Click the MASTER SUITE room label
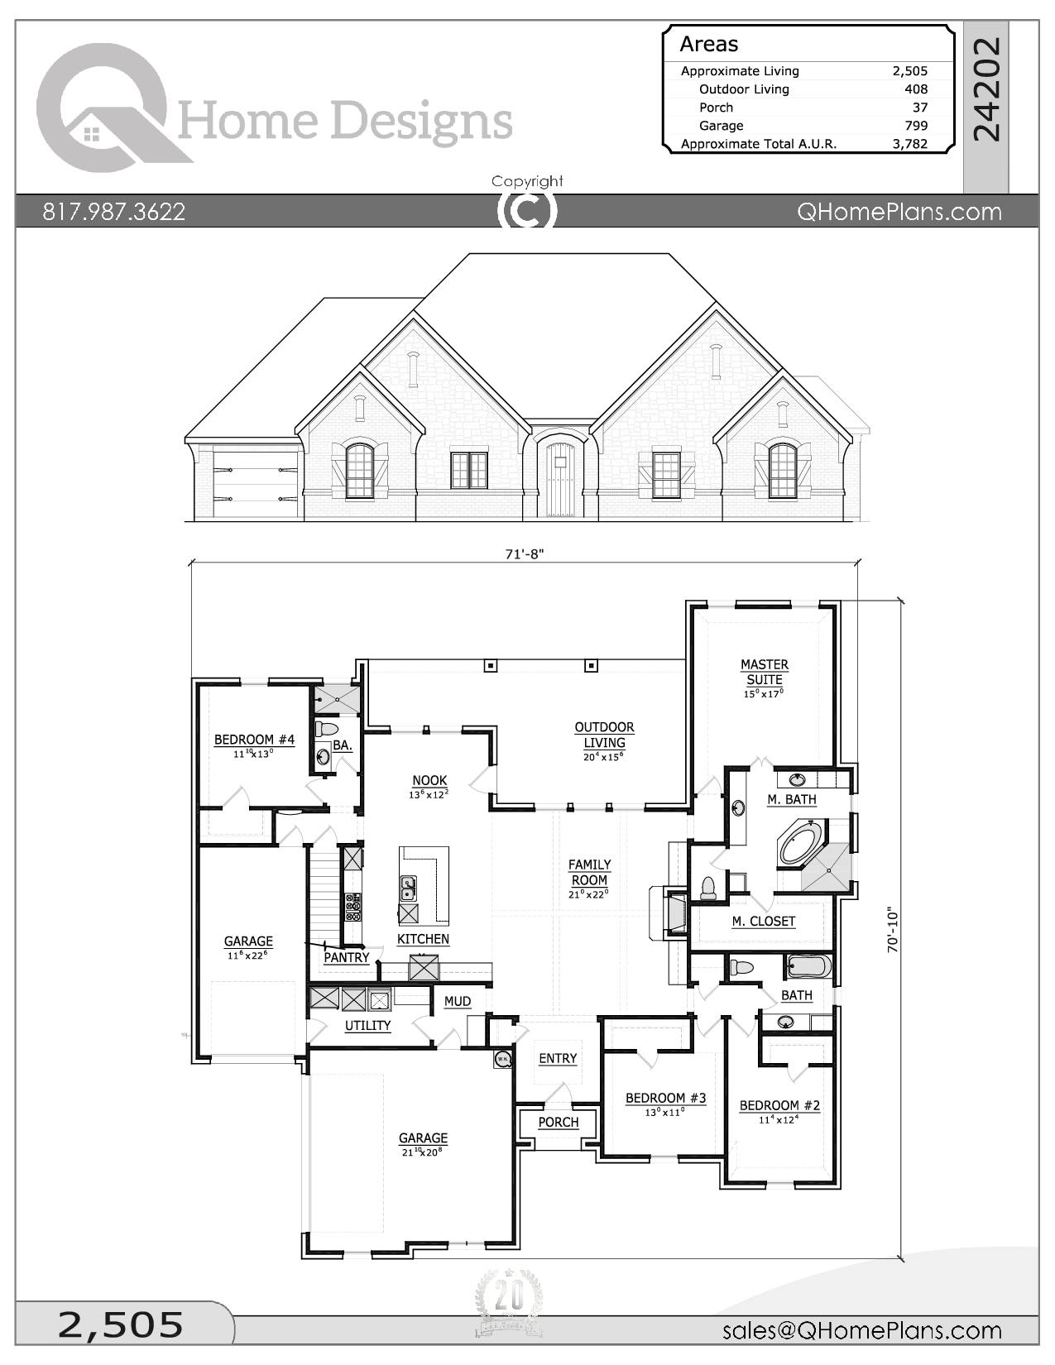pyautogui.click(x=764, y=672)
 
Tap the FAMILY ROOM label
pyautogui.click(x=589, y=873)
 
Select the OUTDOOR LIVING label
pyautogui.click(x=605, y=735)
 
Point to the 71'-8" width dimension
pyautogui.click(x=524, y=553)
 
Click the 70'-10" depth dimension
pyautogui.click(x=892, y=930)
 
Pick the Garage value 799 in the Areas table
pyautogui.click(x=916, y=126)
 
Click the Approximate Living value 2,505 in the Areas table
pyautogui.click(x=910, y=71)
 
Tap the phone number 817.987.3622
pyautogui.click(x=113, y=212)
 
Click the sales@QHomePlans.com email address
pyautogui.click(x=862, y=1329)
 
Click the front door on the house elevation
pyautogui.click(x=557, y=479)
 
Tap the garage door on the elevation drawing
pyautogui.click(x=255, y=481)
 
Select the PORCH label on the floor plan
pyautogui.click(x=558, y=1122)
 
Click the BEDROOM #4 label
pyautogui.click(x=255, y=740)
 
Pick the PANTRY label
pyautogui.click(x=346, y=957)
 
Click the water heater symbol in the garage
pyautogui.click(x=503, y=1058)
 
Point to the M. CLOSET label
pyautogui.click(x=764, y=921)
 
